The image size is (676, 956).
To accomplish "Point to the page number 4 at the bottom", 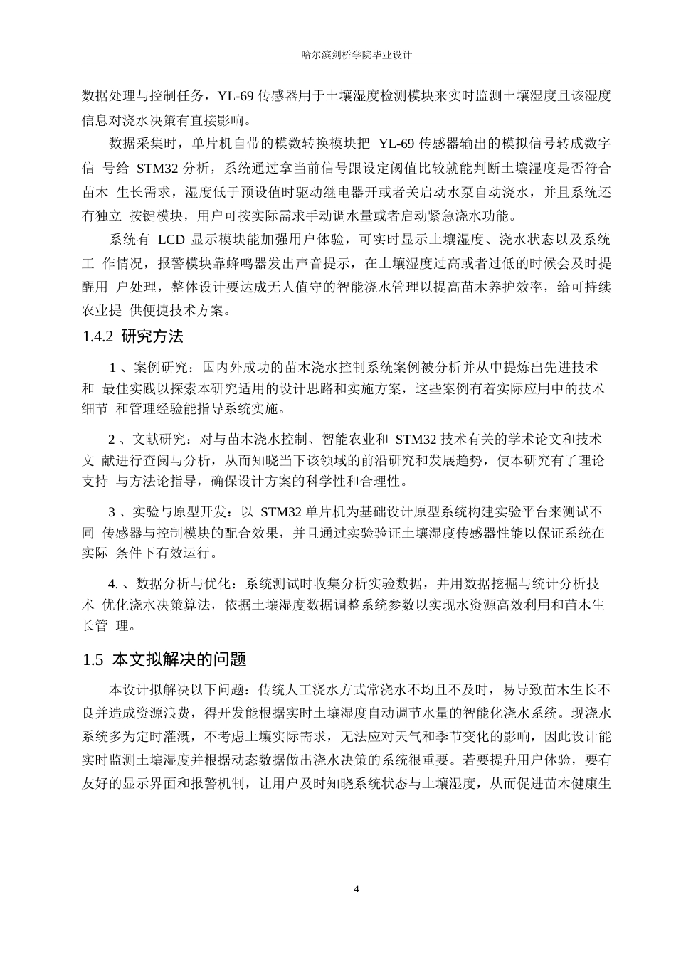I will [357, 889].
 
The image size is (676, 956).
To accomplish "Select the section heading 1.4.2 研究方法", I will [133, 336].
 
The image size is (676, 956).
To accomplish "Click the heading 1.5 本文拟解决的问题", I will [164, 659].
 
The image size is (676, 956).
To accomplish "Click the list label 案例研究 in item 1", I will [160, 368].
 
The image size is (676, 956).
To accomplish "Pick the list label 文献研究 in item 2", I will [160, 439].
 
